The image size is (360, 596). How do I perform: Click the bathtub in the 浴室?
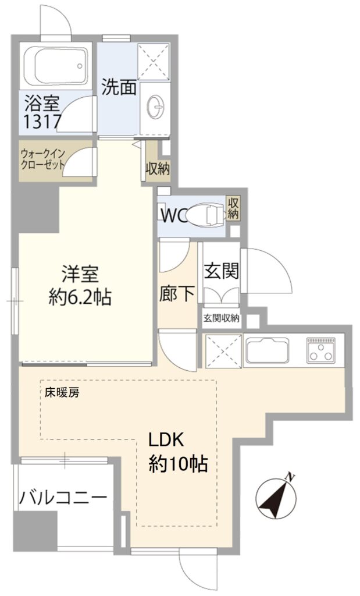click(x=56, y=67)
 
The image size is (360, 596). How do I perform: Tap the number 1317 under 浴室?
click(x=42, y=122)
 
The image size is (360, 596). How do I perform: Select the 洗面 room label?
click(x=119, y=88)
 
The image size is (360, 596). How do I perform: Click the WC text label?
click(x=173, y=216)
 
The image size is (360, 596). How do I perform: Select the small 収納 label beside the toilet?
click(x=233, y=208)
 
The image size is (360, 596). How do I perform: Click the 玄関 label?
click(x=222, y=271)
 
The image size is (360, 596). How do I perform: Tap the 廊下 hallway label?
click(x=177, y=293)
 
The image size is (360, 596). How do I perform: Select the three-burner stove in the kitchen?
click(x=321, y=349)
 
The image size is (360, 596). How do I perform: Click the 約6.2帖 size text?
click(x=80, y=297)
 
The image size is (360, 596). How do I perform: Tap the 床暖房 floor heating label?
click(x=62, y=393)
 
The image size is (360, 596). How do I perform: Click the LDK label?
click(x=166, y=441)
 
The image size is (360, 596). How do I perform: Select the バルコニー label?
click(x=63, y=497)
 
